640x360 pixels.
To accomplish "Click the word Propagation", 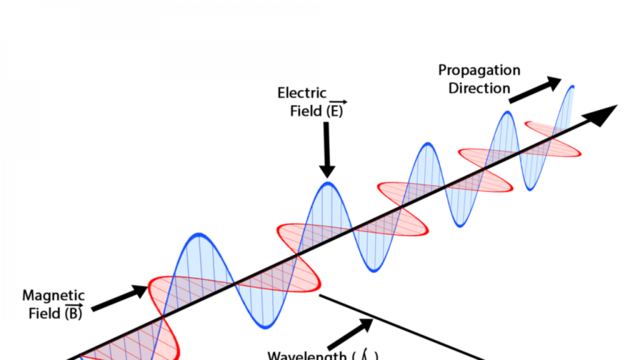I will (x=481, y=71).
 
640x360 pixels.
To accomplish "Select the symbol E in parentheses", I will (x=337, y=112).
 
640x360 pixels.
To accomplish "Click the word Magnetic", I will (x=53, y=296).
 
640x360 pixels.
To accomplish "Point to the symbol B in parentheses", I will (x=72, y=314).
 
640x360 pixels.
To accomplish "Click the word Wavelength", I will (x=305, y=354).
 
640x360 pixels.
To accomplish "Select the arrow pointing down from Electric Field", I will (x=325, y=151).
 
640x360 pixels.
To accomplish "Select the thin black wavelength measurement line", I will (x=400, y=328).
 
